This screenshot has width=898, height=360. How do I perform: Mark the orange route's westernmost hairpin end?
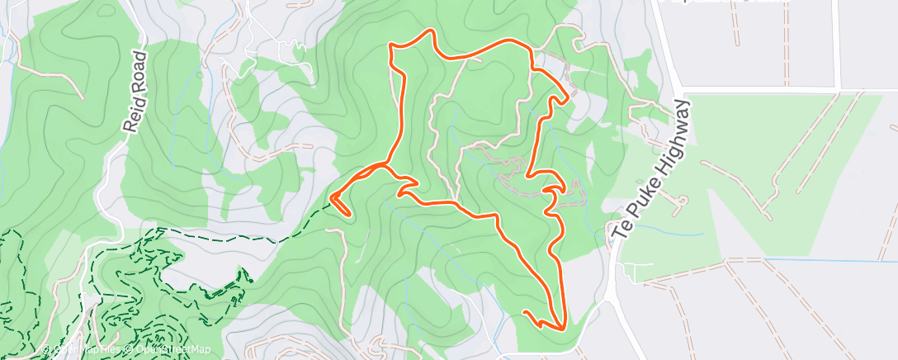pyautogui.click(x=333, y=197)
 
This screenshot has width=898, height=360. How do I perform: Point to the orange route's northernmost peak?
pyautogui.click(x=429, y=31)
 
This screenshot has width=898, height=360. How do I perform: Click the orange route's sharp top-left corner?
pyautogui.click(x=390, y=49)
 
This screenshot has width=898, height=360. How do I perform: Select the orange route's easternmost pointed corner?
pyautogui.click(x=569, y=97)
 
